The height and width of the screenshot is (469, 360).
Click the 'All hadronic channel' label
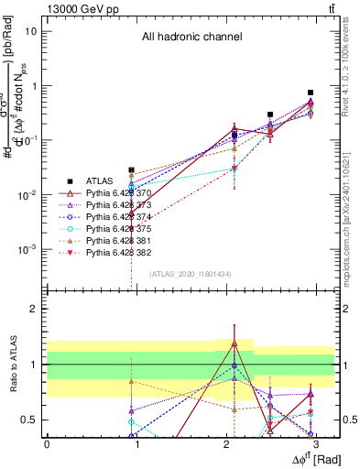pyautogui.click(x=191, y=38)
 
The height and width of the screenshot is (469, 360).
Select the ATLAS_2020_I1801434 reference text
pyautogui.click(x=190, y=274)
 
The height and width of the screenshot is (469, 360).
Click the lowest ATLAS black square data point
pyautogui.click(x=132, y=170)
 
